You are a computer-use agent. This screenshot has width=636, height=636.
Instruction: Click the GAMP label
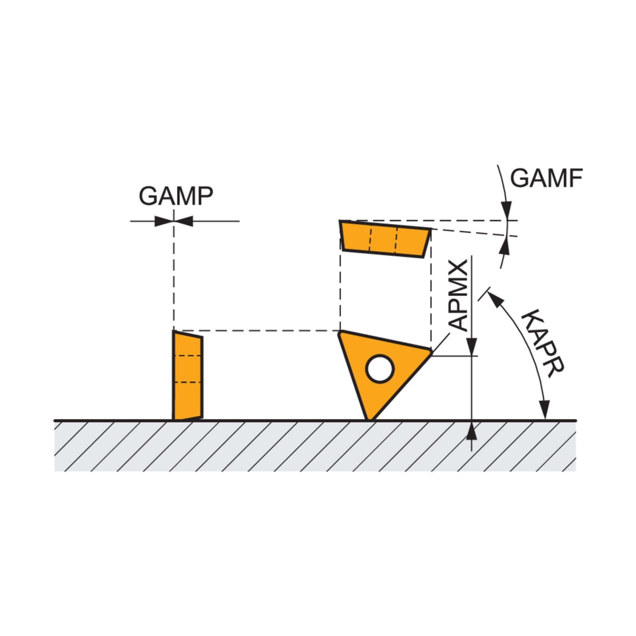[176, 196]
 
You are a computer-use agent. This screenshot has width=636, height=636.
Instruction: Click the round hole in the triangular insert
[380, 369]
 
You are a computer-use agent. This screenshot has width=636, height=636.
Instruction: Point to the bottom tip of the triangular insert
[370, 420]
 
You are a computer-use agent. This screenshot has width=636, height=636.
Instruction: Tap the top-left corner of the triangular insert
[340, 332]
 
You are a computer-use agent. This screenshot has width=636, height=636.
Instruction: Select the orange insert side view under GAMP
[187, 375]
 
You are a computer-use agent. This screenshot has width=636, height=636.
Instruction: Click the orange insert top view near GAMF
[385, 238]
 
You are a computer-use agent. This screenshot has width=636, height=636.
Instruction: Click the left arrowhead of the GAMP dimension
[164, 221]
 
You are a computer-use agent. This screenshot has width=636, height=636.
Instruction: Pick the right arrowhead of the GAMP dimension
[184, 221]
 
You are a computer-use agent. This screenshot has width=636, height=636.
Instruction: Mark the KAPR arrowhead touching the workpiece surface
[544, 410]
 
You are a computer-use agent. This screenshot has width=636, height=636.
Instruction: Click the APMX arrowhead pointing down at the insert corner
[472, 346]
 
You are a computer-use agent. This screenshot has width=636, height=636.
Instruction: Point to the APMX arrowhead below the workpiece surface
[472, 431]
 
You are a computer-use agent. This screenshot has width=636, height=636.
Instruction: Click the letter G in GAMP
[149, 196]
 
